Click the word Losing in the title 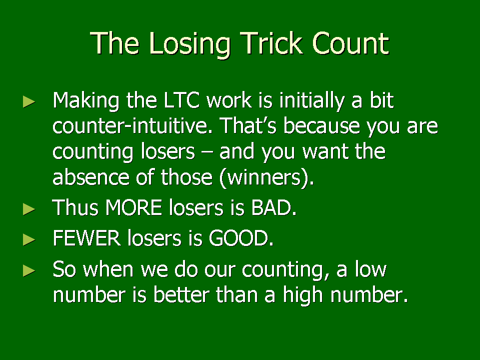click(190, 44)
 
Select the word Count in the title click(350, 43)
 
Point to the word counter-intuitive click(132, 125)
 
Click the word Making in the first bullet click(86, 100)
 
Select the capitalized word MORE click(133, 207)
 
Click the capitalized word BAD click(273, 207)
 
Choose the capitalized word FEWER click(86, 238)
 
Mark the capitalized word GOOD click(241, 238)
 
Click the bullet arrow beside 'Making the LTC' click(29, 102)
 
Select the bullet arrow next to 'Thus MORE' click(29, 209)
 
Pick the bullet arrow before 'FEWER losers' click(29, 240)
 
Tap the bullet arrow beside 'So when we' click(29, 270)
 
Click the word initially click(312, 100)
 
